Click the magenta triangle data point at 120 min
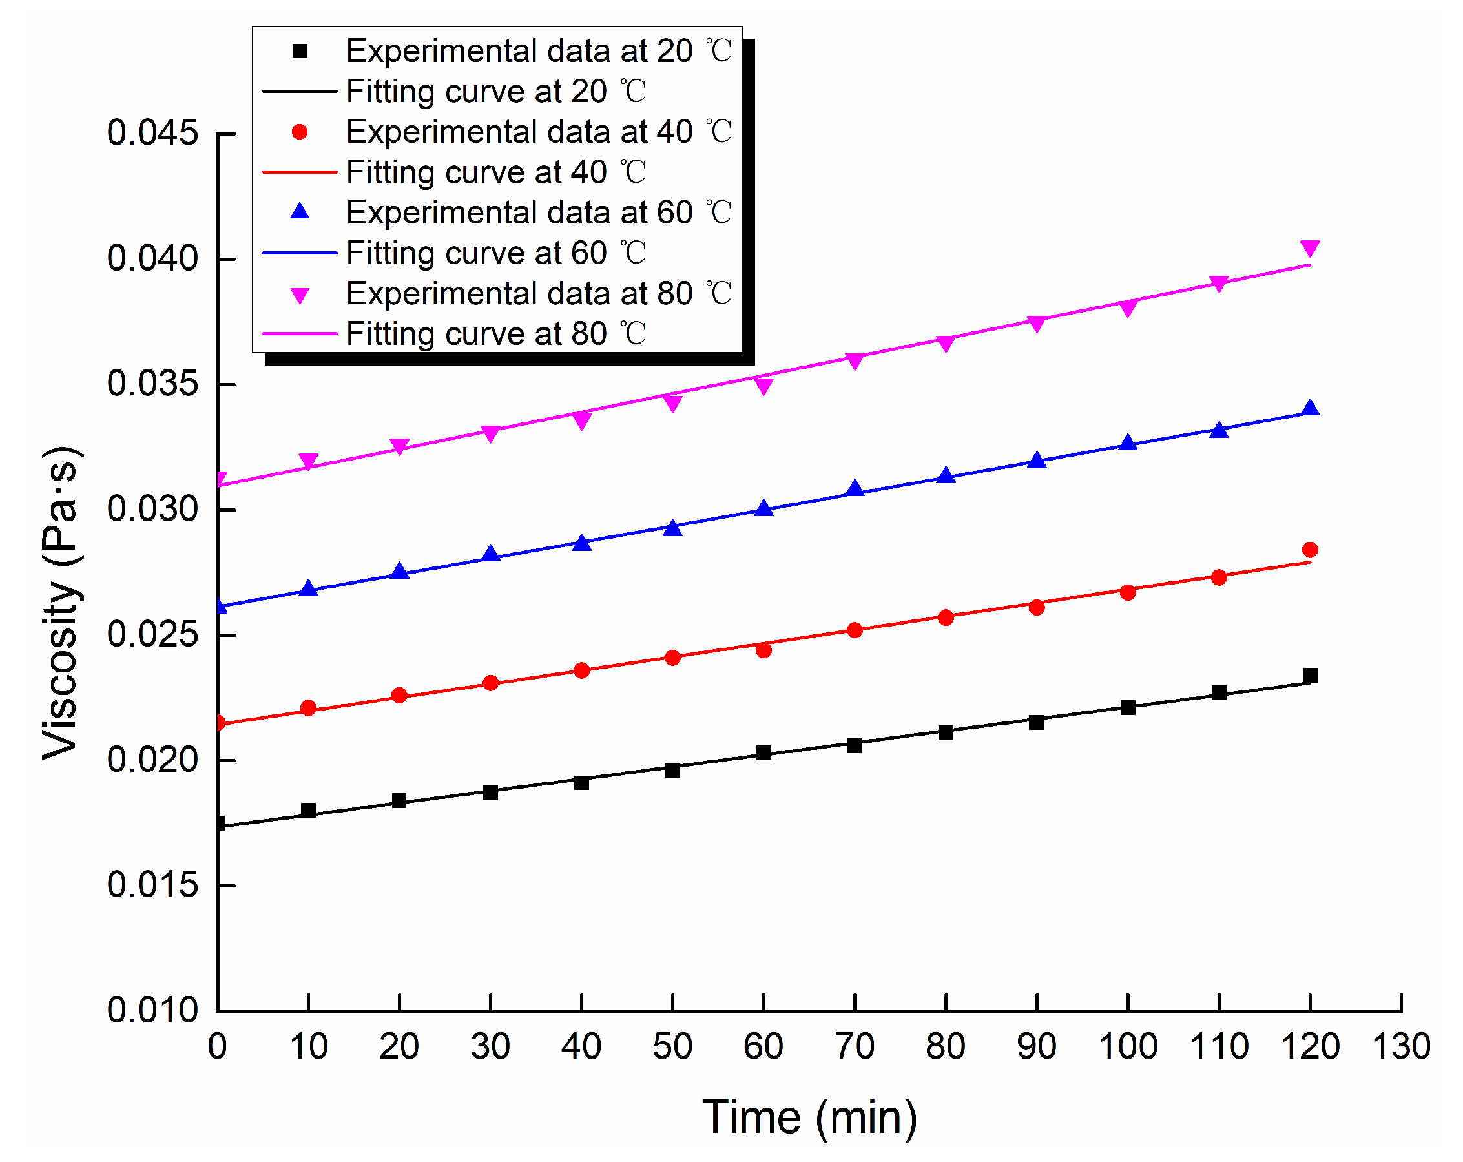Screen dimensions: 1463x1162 pos(1310,249)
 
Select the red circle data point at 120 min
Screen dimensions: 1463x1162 pos(1310,550)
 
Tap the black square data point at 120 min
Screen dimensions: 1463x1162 pos(1310,676)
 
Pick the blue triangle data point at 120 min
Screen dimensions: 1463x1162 pos(1310,408)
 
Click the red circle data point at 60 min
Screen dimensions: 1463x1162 pos(763,650)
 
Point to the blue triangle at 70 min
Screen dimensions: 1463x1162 pos(855,488)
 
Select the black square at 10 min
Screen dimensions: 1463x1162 pos(308,810)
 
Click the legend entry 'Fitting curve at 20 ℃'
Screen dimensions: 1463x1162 pos(454,91)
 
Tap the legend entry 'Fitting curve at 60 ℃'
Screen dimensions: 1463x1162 pos(454,253)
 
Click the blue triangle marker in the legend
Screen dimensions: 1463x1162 pos(300,212)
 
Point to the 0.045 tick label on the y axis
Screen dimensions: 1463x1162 pos(152,133)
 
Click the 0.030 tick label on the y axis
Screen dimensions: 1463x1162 pos(152,509)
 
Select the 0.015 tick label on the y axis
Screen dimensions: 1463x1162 pos(152,885)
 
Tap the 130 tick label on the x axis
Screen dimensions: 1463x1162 pos(1401,1046)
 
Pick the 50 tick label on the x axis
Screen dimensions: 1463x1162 pos(672,1046)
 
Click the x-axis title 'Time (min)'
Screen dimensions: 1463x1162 pos(809,1117)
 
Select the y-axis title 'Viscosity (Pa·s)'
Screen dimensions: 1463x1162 pos(62,603)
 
